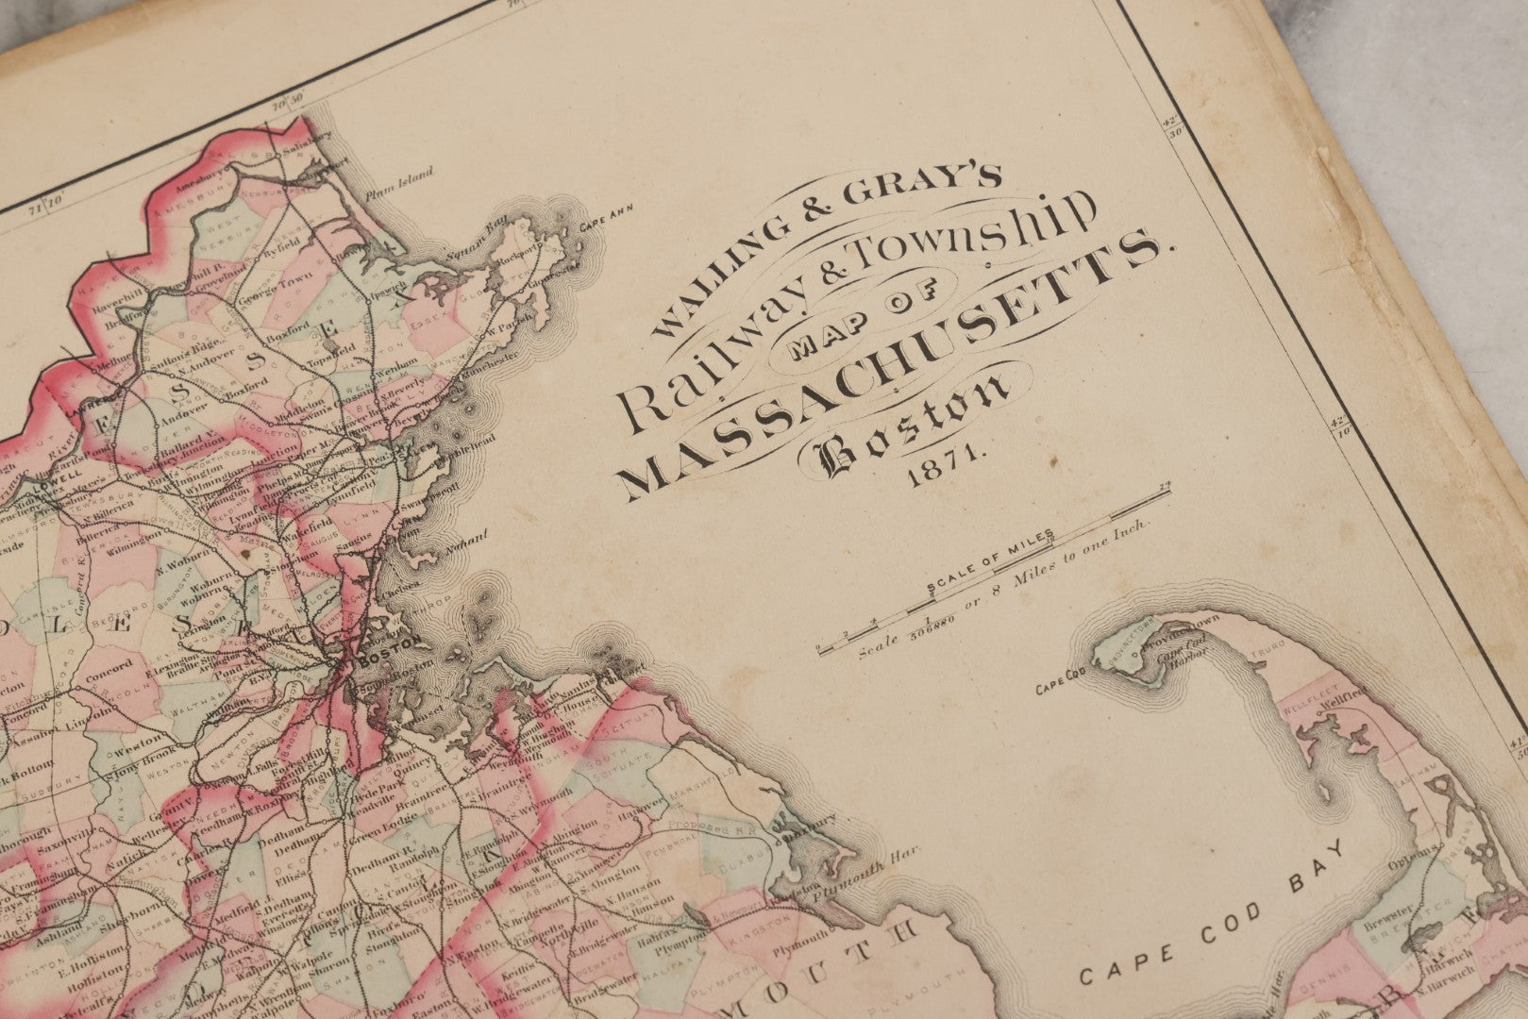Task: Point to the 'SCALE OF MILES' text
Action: point(991,564)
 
